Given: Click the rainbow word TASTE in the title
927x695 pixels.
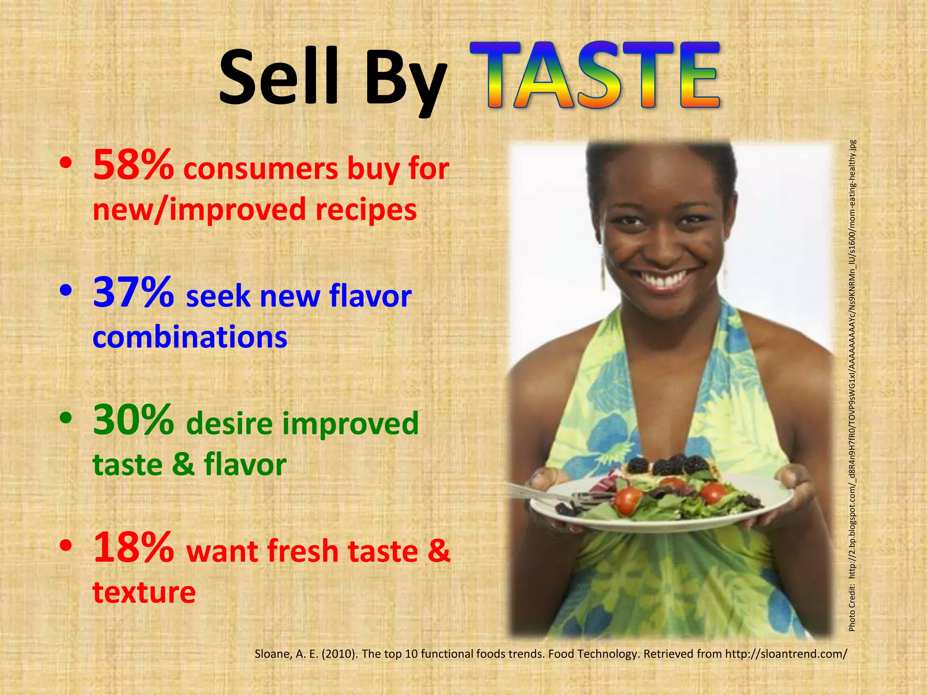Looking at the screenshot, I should click(594, 76).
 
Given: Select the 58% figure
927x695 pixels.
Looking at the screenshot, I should click(133, 165).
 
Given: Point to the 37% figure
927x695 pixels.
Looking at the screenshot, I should click(133, 293).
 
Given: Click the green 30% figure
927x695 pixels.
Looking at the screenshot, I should click(133, 420).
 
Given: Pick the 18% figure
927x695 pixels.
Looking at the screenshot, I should click(133, 548).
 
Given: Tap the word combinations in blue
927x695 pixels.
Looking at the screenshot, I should click(190, 338).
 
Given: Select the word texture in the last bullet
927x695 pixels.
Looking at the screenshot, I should click(144, 592).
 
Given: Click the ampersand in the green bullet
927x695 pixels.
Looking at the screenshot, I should click(183, 464).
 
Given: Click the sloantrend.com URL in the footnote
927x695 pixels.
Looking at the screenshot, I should click(785, 654).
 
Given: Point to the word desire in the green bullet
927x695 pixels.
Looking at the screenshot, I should click(230, 424).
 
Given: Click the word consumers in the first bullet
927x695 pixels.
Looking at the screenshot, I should click(261, 169).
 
